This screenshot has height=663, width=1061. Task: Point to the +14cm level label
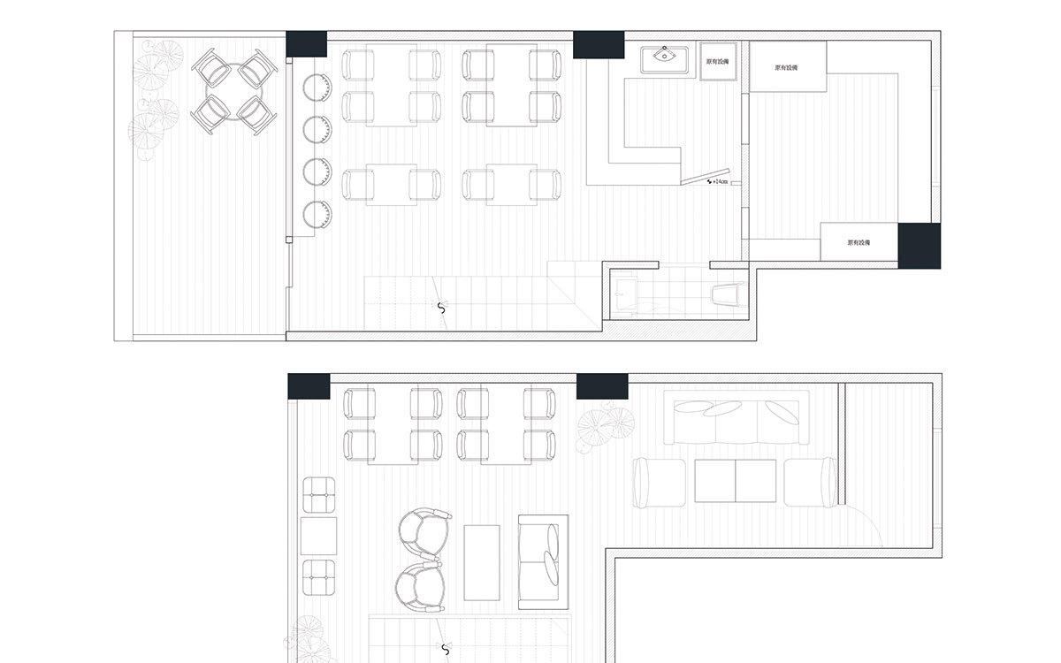[x=719, y=181]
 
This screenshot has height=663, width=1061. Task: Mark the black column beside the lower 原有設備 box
[x=919, y=245]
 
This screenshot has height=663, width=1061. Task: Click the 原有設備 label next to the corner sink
[x=719, y=62]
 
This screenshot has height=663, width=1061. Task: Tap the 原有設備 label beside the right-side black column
[x=859, y=242]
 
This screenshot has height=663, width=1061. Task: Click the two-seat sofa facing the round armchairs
[x=540, y=551]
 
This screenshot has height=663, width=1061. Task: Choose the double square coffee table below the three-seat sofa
[x=736, y=482]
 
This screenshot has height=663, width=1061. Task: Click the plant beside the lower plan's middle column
[x=605, y=427]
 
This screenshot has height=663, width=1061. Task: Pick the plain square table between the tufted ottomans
[x=318, y=536]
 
